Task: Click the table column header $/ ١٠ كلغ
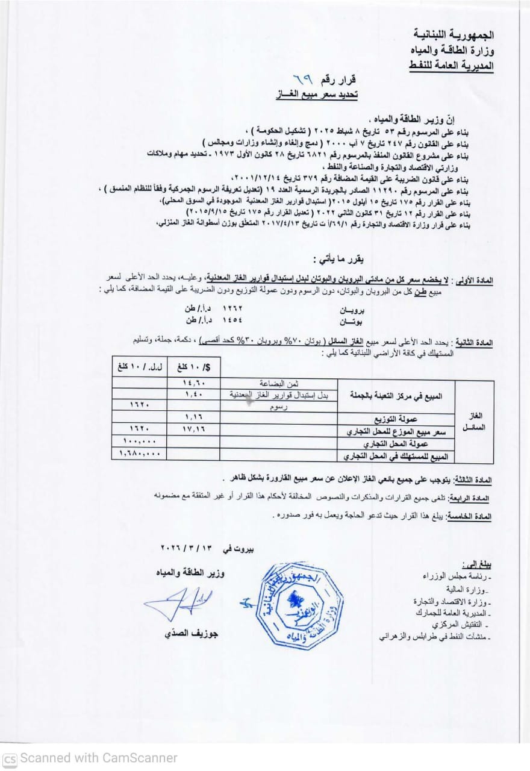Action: tap(195, 366)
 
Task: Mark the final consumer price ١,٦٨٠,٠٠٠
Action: tap(140, 454)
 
